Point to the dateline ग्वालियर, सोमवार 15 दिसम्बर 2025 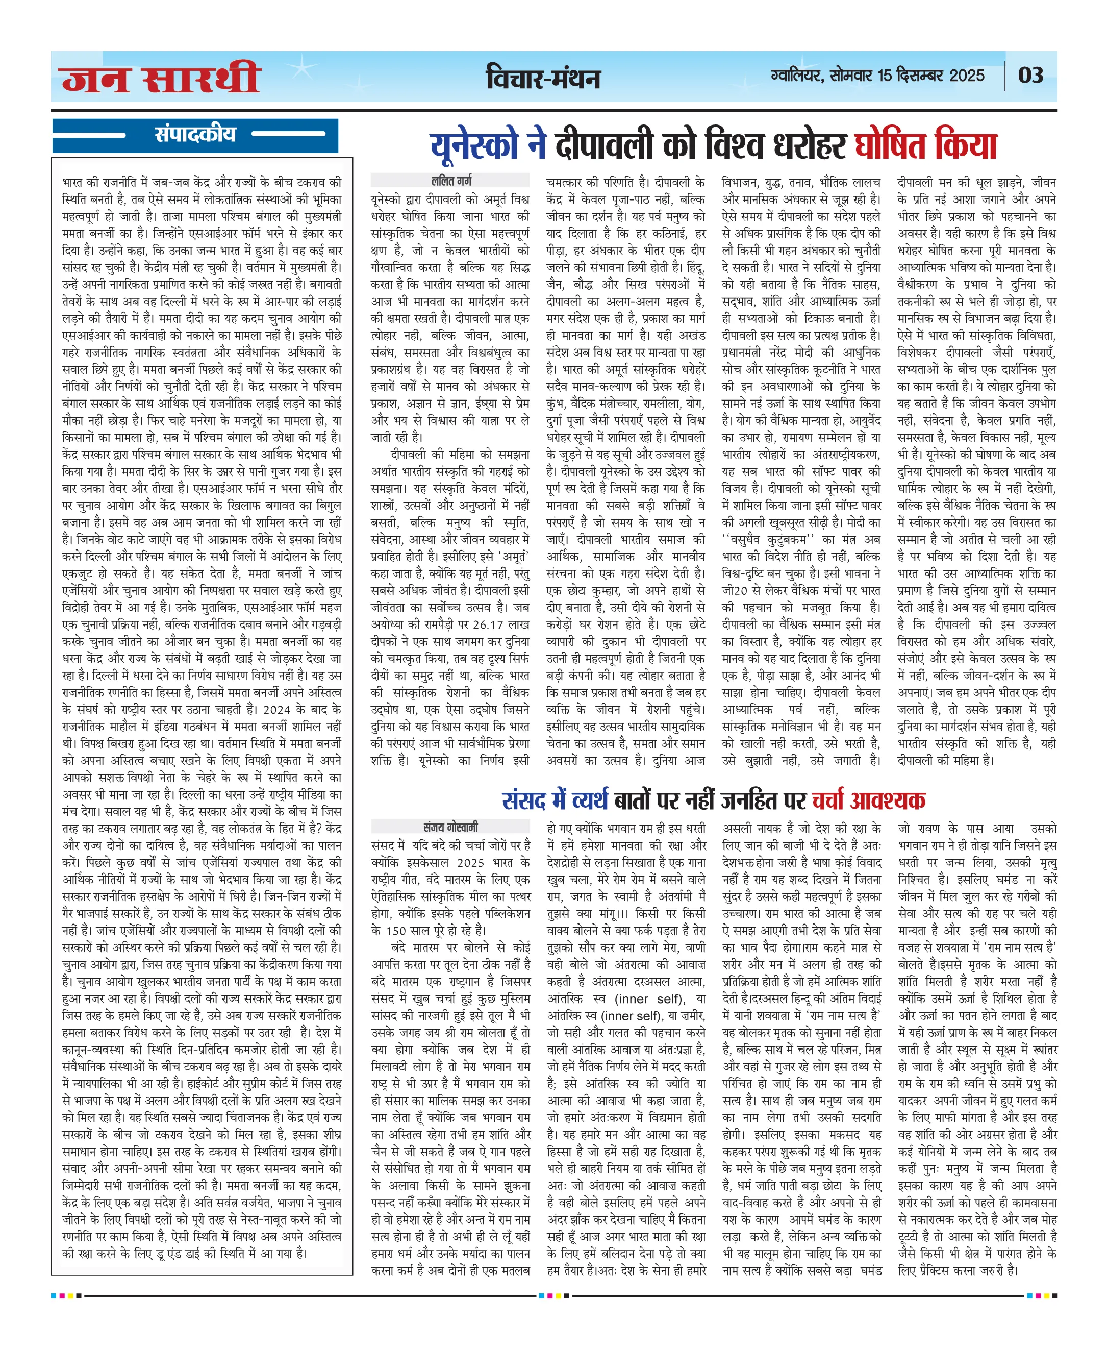[877, 76]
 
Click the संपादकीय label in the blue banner [195, 134]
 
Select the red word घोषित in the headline [890, 145]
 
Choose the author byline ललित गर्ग [451, 180]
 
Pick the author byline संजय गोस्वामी [450, 827]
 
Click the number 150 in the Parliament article [396, 930]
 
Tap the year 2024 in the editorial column [276, 709]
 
